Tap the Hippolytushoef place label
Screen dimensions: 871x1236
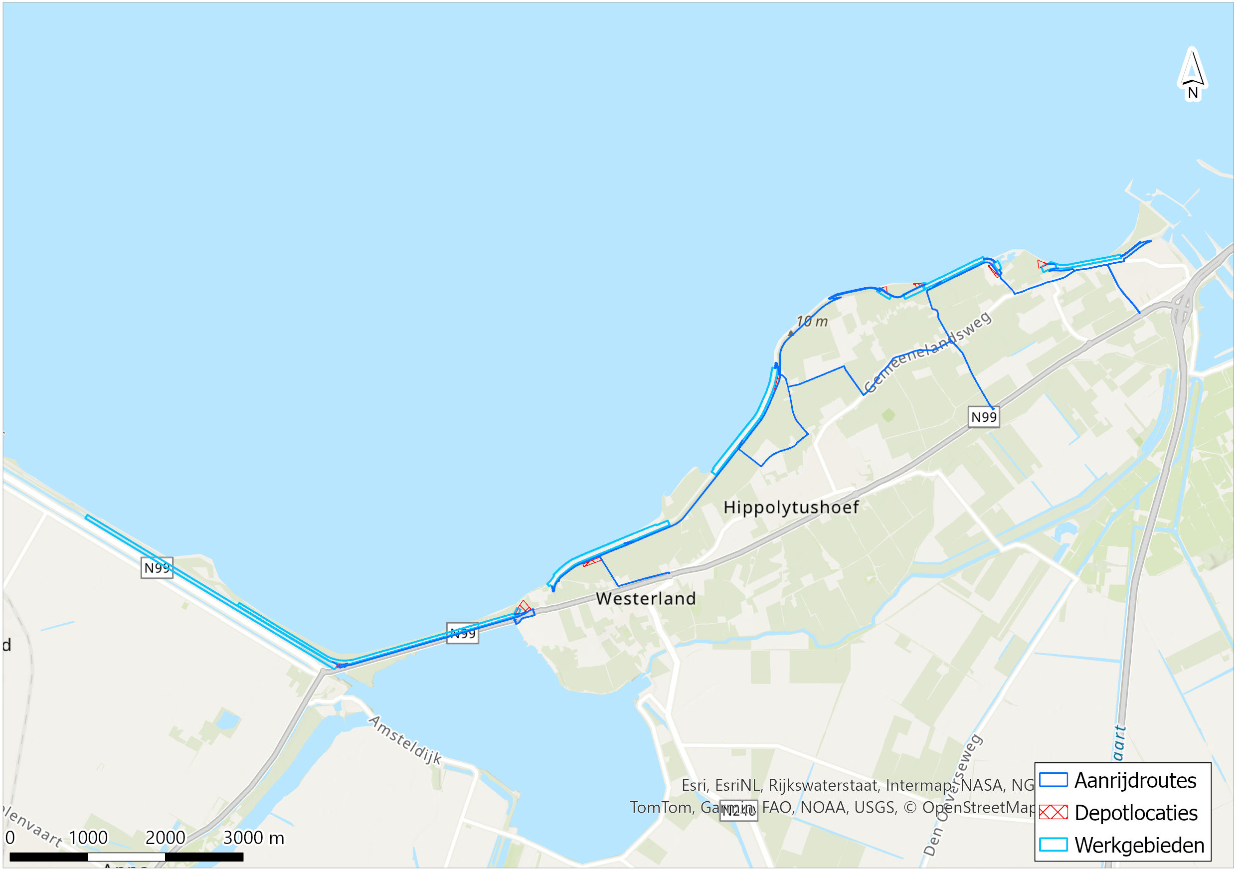click(x=791, y=507)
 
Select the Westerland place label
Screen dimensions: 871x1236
click(x=646, y=599)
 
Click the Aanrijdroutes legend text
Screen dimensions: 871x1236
click(x=1135, y=781)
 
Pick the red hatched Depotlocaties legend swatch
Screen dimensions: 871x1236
click(x=1053, y=812)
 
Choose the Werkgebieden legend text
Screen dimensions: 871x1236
click(x=1139, y=845)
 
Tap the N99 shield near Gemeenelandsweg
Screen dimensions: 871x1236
click(x=984, y=417)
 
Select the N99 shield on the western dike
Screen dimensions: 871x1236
click(x=157, y=568)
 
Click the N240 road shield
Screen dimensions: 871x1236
click(x=738, y=811)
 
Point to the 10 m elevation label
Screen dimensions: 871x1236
click(x=812, y=322)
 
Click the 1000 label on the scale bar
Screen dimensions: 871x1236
click(x=88, y=838)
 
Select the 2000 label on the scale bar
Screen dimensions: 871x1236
click(x=165, y=838)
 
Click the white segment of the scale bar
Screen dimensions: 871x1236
click(x=127, y=857)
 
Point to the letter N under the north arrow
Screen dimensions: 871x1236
click(x=1193, y=93)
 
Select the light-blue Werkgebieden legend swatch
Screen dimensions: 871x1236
click(x=1053, y=845)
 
